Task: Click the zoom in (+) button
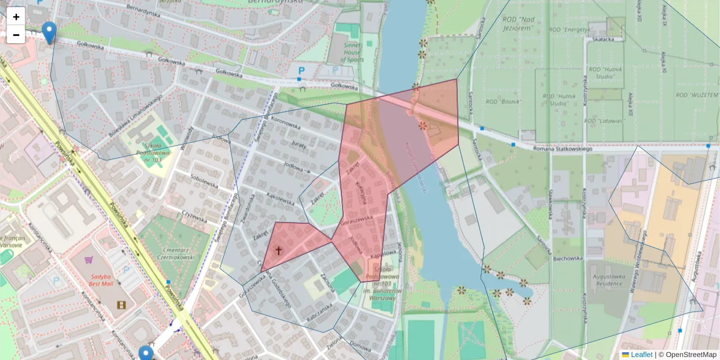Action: tap(16, 17)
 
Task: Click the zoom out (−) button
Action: tap(16, 35)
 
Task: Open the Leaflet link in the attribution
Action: tap(641, 355)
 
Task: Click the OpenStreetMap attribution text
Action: tap(688, 355)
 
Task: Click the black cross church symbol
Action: tap(278, 250)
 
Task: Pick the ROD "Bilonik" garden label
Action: tap(504, 101)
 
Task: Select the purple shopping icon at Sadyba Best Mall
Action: tap(89, 260)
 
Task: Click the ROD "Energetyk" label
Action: tap(568, 29)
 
